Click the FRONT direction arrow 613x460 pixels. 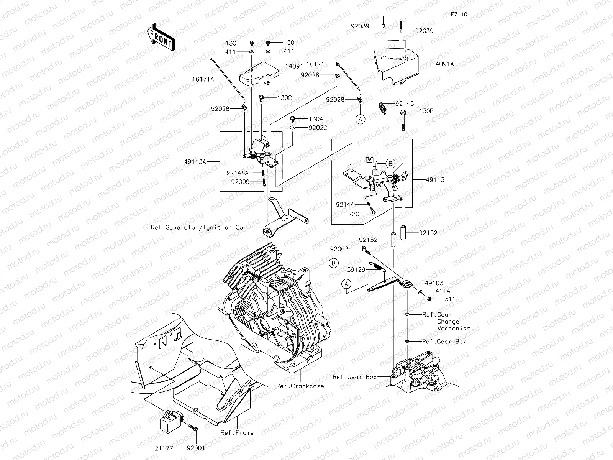click(161, 37)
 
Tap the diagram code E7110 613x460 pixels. click(459, 15)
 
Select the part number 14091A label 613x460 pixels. click(443, 64)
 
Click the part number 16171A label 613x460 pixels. click(203, 79)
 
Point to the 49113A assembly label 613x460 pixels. click(195, 161)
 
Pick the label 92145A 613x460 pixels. click(238, 173)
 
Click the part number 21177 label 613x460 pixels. click(164, 448)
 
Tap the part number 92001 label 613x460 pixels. click(196, 448)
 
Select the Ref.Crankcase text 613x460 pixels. click(300, 386)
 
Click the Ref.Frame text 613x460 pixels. click(237, 433)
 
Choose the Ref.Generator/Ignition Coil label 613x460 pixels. click(200, 227)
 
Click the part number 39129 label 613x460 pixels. click(356, 269)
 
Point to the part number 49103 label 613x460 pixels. click(434, 283)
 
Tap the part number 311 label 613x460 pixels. click(450, 299)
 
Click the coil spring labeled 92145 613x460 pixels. click(383, 108)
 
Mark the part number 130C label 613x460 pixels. click(284, 98)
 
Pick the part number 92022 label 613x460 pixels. click(318, 128)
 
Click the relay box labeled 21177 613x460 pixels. click(172, 421)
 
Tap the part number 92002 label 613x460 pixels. click(339, 249)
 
